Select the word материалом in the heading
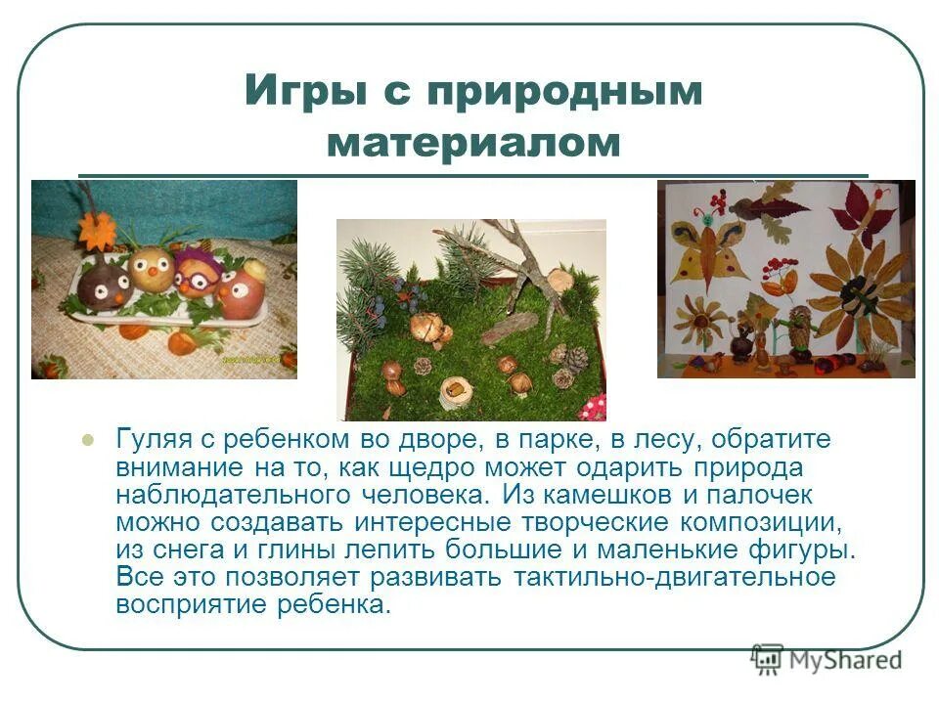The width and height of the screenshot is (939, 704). tap(474, 143)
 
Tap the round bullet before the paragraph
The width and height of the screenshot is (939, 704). tap(88, 440)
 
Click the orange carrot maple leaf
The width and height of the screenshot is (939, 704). tap(97, 231)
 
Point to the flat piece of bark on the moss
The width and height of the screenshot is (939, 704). tap(509, 327)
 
